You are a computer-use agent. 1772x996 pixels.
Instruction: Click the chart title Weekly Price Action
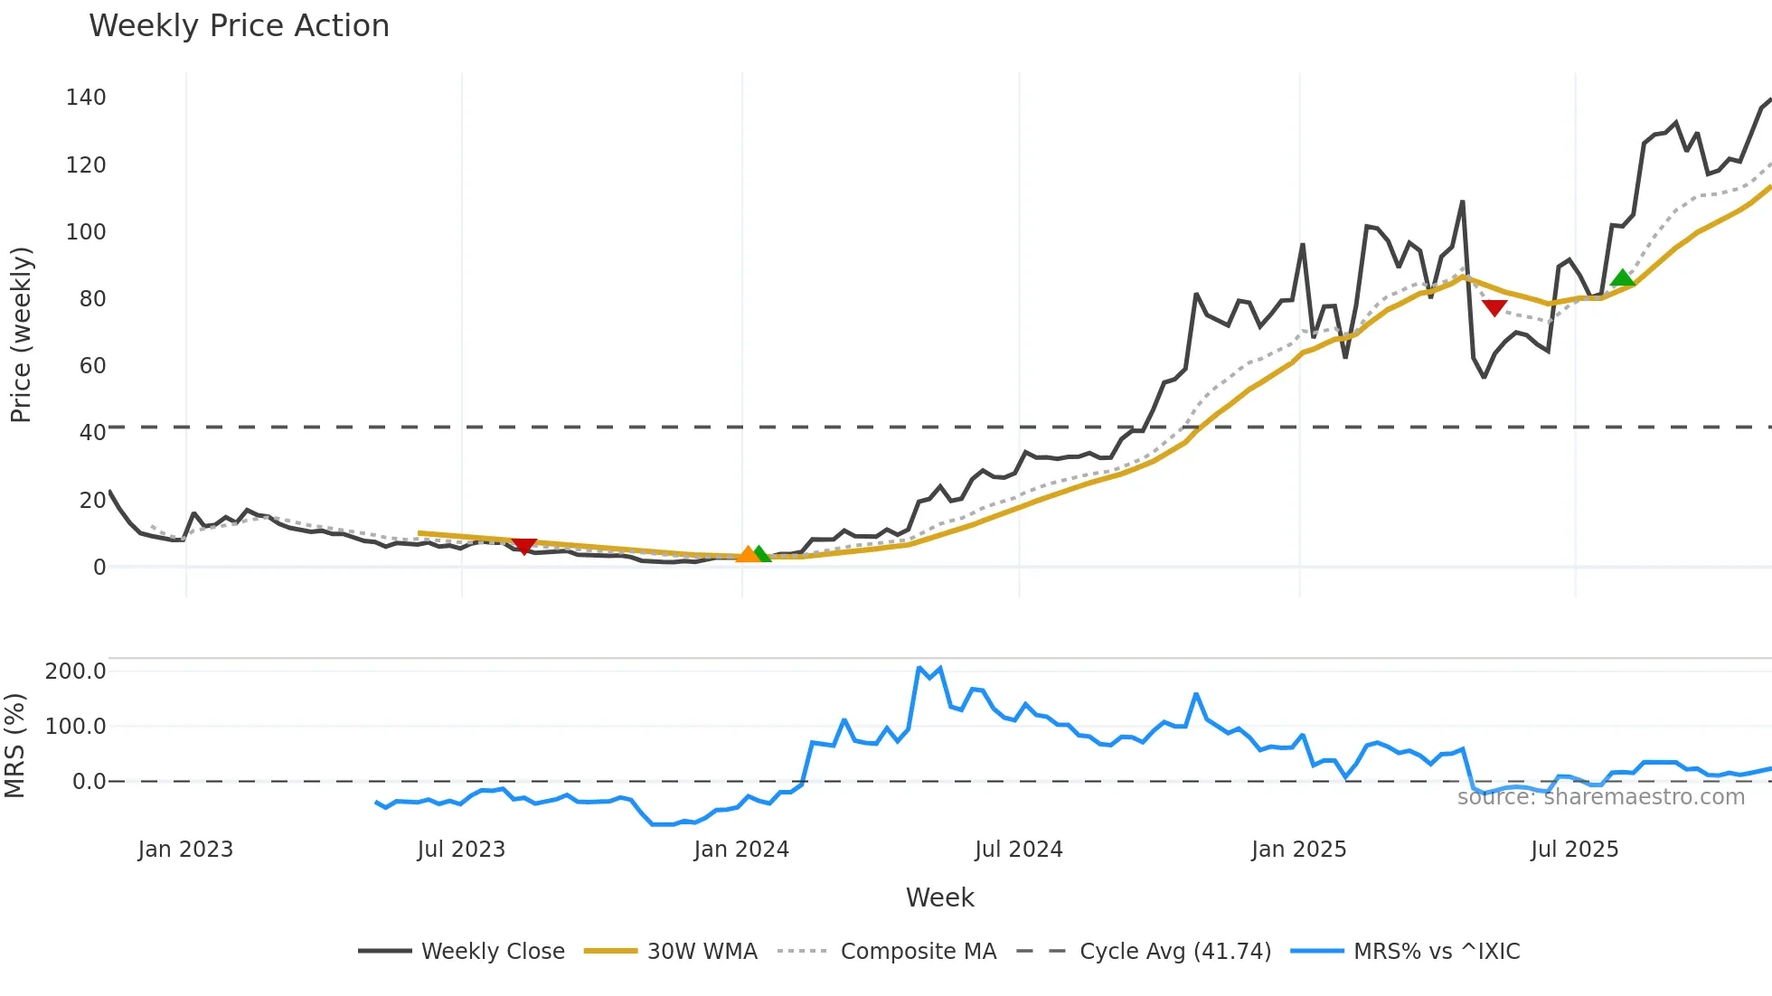click(x=239, y=26)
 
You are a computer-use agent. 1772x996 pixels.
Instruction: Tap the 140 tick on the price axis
click(x=86, y=98)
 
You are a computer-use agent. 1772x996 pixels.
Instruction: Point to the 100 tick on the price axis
click(x=86, y=232)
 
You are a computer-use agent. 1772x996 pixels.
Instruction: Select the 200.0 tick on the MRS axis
click(x=76, y=672)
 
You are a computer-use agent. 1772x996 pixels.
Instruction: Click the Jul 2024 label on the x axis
click(x=1018, y=850)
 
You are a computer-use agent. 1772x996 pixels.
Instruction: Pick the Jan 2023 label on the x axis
click(x=185, y=850)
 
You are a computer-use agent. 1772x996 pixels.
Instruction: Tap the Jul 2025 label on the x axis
click(x=1574, y=850)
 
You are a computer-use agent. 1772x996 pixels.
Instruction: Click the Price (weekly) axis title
click(x=21, y=334)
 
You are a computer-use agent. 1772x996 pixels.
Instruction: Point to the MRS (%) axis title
click(x=14, y=746)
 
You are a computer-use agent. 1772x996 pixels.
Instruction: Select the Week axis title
click(x=939, y=897)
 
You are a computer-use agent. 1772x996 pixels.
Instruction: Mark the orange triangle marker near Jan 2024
click(x=747, y=554)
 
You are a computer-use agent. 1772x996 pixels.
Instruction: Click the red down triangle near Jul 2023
click(x=524, y=546)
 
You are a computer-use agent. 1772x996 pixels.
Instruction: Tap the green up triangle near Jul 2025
click(x=1623, y=277)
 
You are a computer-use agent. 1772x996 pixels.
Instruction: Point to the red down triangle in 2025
click(x=1494, y=308)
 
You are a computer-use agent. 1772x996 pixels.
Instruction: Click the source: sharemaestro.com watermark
click(x=1600, y=797)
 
